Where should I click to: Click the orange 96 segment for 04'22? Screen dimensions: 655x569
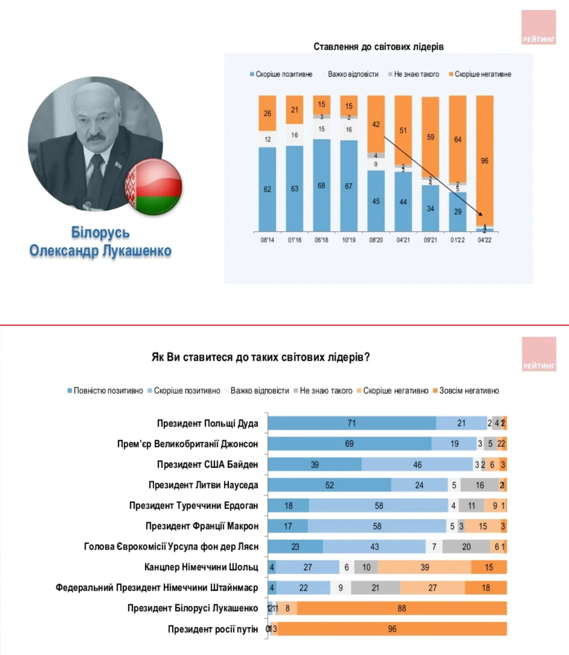tap(485, 160)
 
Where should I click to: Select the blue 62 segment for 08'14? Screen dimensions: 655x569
tap(267, 189)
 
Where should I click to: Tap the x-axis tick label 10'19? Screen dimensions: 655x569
tap(348, 240)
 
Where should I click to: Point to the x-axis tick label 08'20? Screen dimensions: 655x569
tap(376, 240)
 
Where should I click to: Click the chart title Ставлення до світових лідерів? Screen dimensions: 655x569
tap(378, 47)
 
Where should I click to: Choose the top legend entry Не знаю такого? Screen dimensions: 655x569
tap(416, 74)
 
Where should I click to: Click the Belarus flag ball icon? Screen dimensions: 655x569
tap(154, 186)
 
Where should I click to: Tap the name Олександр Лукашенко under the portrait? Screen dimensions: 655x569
tap(100, 251)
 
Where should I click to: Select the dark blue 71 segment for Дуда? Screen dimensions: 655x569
tap(352, 423)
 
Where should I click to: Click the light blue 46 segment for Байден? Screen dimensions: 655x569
tap(417, 465)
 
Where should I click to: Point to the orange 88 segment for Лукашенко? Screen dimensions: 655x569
tap(402, 608)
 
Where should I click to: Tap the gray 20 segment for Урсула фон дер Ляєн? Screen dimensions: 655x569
tap(466, 547)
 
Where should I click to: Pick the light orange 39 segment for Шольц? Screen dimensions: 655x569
tap(425, 567)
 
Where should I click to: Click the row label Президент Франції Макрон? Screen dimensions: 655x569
tap(202, 526)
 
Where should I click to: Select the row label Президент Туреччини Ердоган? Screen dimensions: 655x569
tap(193, 506)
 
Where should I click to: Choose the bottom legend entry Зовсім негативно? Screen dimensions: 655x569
tap(469, 390)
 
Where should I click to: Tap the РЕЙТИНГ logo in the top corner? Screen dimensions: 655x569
tap(539, 27)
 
